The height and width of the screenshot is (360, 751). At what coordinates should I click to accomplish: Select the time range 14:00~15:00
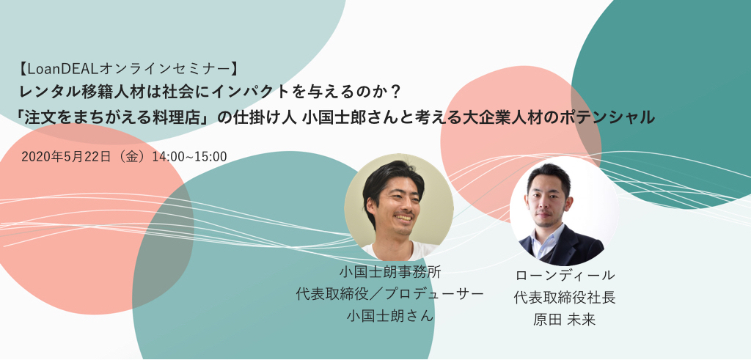pos(189,157)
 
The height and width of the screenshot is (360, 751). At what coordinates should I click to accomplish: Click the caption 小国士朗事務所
pos(389,273)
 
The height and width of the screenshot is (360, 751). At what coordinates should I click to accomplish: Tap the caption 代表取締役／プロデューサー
pos(389,294)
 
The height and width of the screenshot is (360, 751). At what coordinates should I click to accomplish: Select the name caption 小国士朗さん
pos(389,315)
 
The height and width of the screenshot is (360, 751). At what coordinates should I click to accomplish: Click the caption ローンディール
pos(565,275)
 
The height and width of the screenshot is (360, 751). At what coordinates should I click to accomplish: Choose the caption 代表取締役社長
pos(565,298)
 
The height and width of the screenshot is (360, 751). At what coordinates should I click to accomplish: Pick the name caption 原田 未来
pos(565,320)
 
